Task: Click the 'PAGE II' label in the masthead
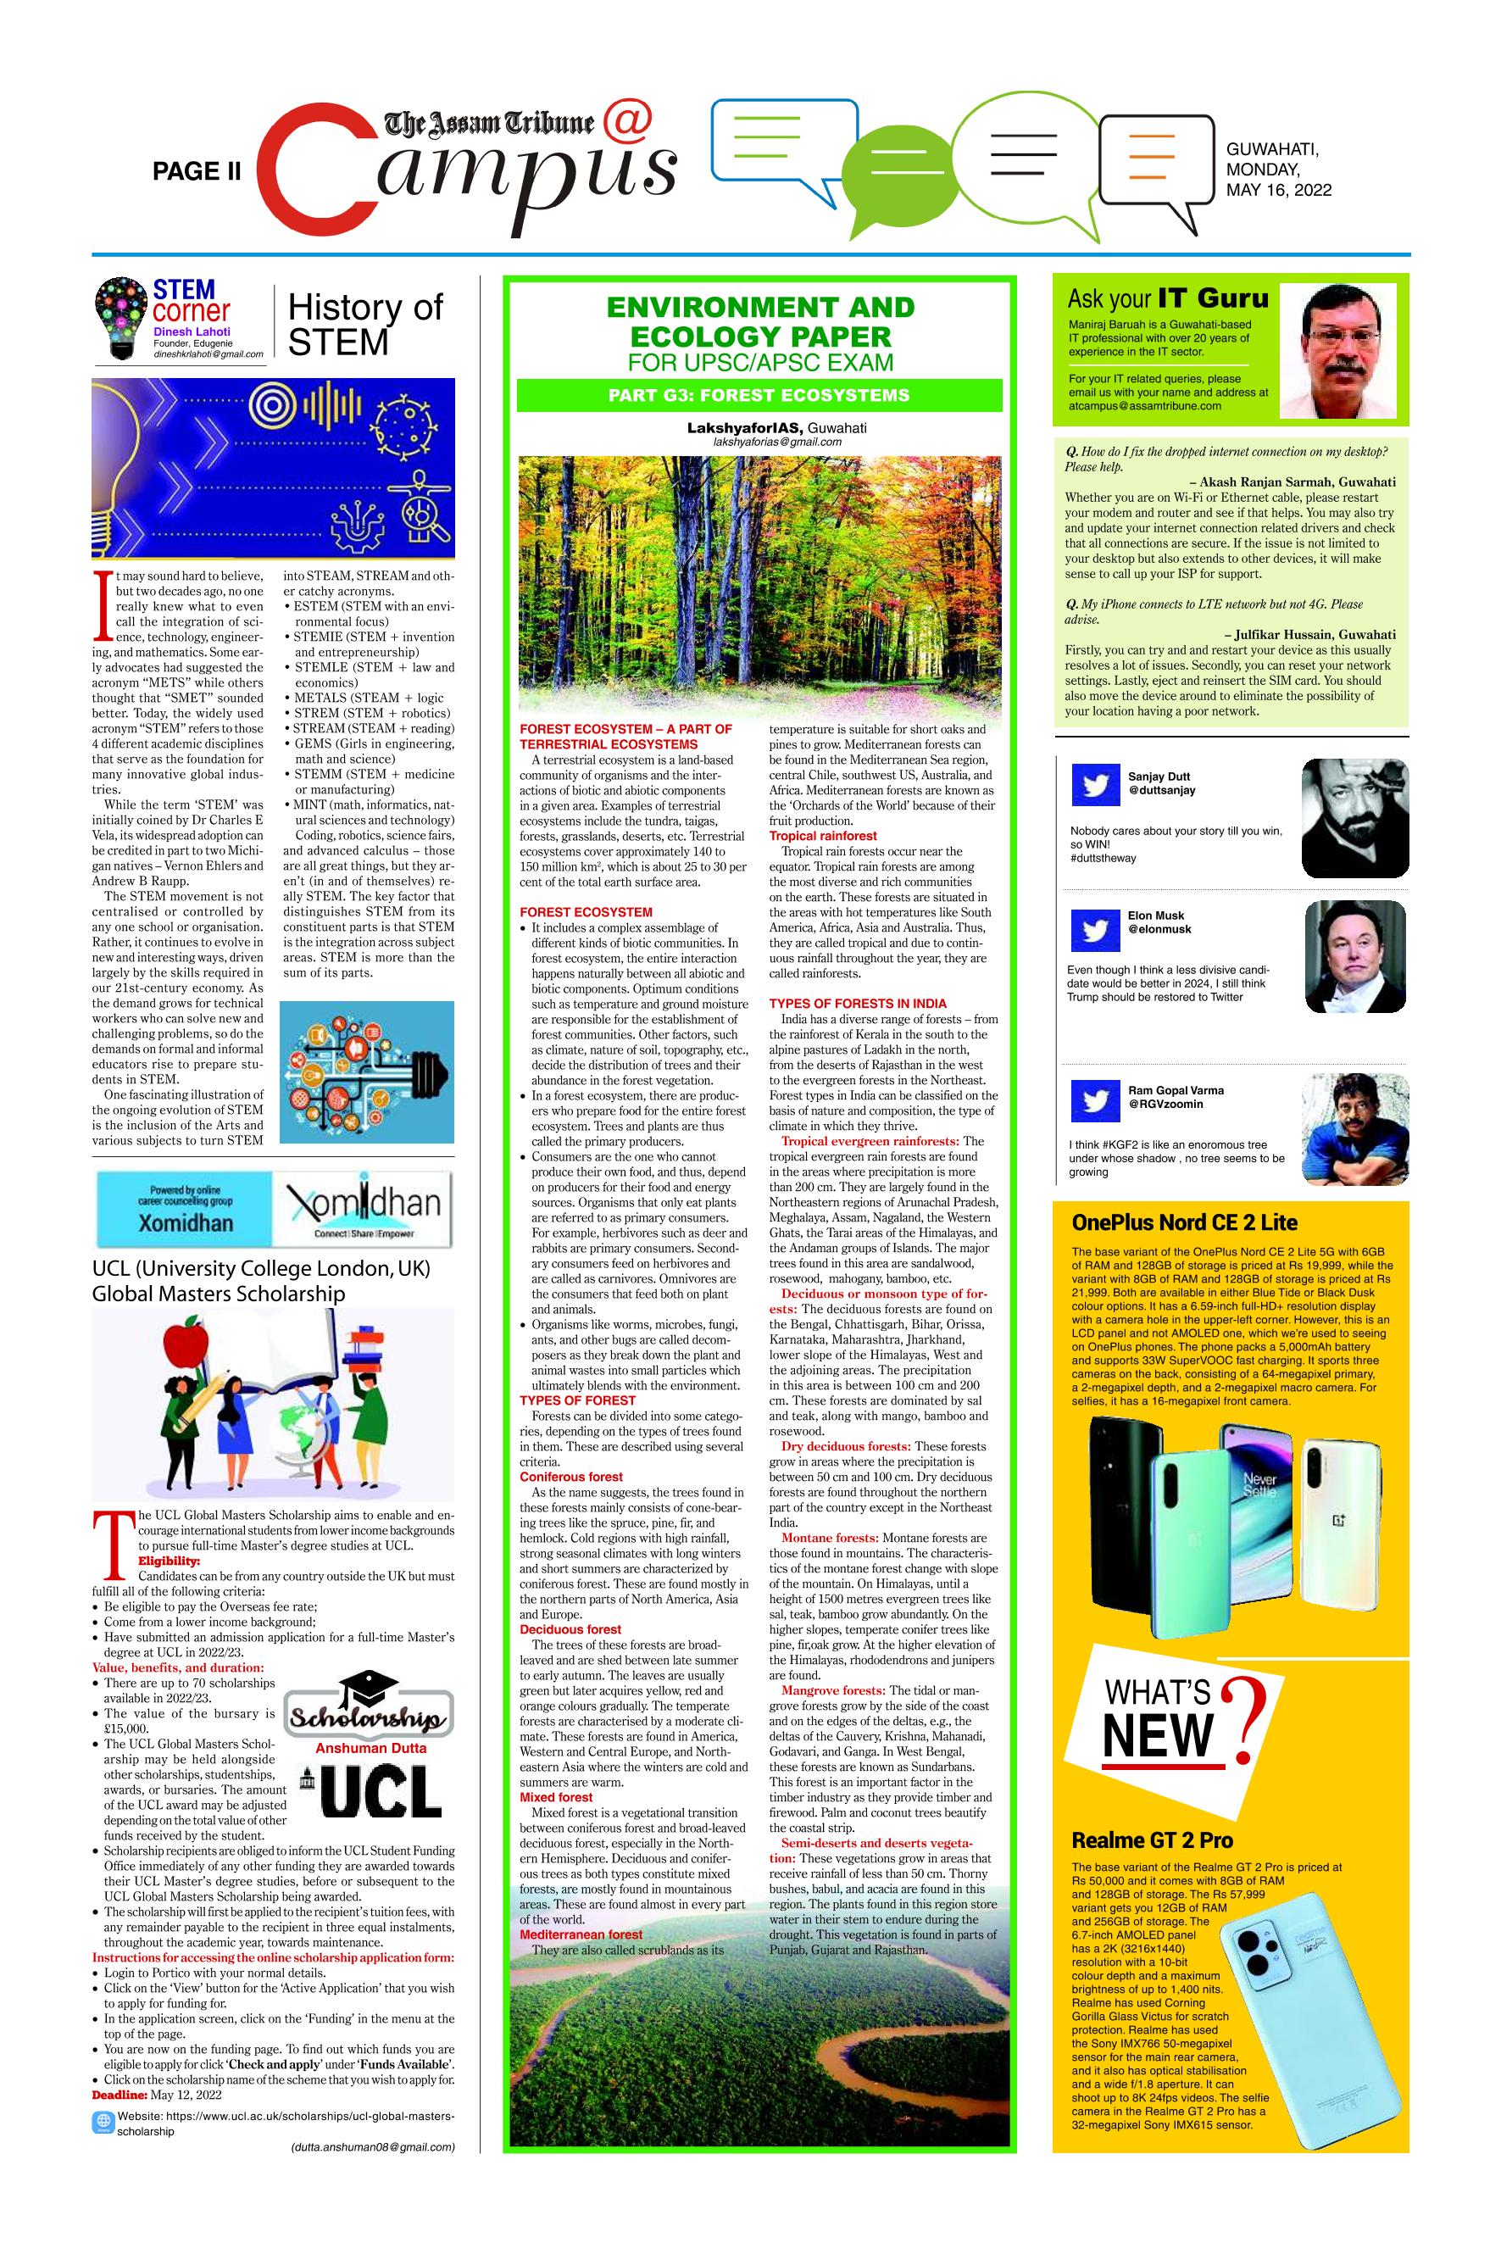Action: coord(197,171)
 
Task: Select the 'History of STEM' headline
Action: coord(364,324)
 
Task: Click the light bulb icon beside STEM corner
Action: coord(121,320)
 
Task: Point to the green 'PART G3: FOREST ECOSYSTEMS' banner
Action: coord(759,395)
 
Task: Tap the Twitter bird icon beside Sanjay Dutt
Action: coord(1094,786)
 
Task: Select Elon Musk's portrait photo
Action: coord(1354,956)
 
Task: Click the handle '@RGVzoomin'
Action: coord(1159,1104)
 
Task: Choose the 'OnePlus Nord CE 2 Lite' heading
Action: coord(1183,1222)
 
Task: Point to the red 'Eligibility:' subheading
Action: coord(170,1561)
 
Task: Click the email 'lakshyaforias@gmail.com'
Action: coord(777,442)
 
